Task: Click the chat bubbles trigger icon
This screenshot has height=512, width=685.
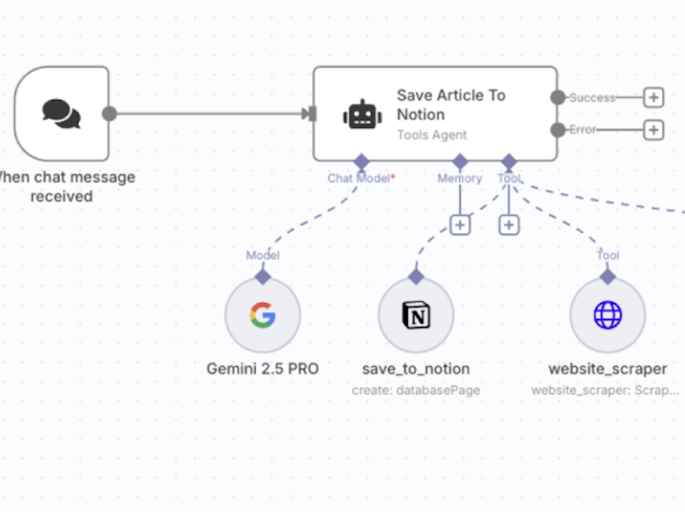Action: point(61,113)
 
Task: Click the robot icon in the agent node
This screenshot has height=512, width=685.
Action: point(363,114)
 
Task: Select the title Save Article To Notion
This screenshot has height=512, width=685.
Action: point(450,105)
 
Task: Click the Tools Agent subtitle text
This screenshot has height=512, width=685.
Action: point(432,135)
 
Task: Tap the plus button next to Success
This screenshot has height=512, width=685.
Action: point(653,97)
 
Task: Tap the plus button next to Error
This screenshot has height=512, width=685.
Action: point(653,130)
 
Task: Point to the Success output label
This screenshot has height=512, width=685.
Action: point(592,97)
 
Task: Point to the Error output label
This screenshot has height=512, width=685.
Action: point(583,130)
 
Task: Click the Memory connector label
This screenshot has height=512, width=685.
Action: point(460,178)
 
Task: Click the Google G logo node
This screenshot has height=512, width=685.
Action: point(263,316)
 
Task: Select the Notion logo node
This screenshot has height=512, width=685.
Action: point(416,316)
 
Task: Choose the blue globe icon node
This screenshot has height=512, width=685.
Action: point(607,316)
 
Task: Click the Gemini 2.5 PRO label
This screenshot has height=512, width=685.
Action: point(263,369)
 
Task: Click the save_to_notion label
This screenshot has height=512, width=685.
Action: point(416,369)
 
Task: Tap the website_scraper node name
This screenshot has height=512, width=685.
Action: point(607,369)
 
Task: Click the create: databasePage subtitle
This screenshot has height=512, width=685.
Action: point(416,390)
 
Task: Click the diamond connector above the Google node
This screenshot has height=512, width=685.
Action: point(263,276)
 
